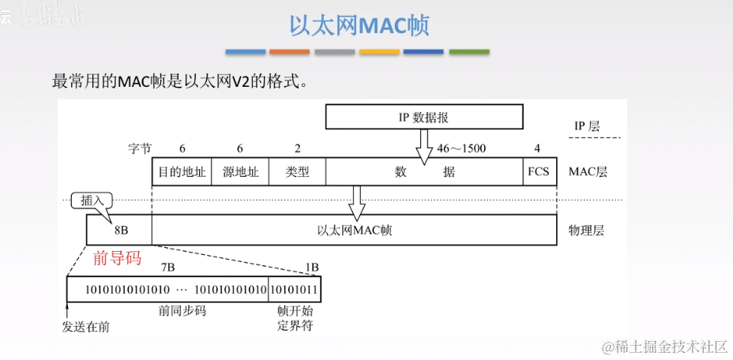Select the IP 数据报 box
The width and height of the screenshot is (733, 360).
click(424, 118)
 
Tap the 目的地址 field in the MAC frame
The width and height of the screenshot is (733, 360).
click(182, 171)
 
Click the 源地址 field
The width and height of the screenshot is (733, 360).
click(239, 171)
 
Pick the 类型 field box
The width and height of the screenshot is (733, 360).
click(297, 171)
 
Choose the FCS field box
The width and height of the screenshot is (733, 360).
click(537, 171)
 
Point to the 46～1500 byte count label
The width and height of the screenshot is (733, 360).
click(461, 148)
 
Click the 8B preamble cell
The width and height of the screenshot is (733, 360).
click(120, 231)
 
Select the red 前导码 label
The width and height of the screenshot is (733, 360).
click(116, 257)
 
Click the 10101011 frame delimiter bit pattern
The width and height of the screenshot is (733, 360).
click(295, 290)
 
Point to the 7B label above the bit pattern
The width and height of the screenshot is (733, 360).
click(167, 268)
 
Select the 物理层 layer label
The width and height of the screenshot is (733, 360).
click(586, 231)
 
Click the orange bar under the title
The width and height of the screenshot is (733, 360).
click(289, 52)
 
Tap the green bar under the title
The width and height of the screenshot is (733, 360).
click(469, 52)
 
